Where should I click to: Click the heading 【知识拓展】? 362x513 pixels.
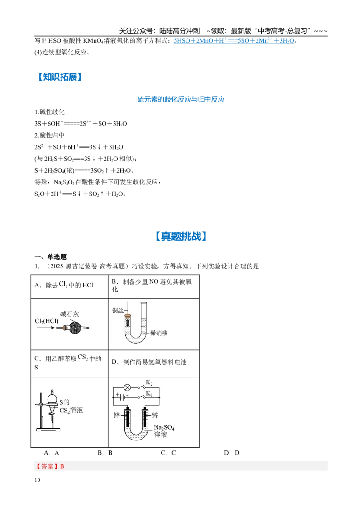coord(59,77)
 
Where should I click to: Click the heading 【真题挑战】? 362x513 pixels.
coord(181,236)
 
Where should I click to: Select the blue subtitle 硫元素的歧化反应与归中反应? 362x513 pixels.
coord(181,99)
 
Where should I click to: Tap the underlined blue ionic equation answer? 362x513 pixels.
coord(234,41)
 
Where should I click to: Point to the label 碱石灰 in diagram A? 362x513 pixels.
coord(69,314)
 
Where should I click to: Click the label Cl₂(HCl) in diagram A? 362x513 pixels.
coord(47,321)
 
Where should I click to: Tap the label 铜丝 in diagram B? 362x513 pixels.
coord(118,310)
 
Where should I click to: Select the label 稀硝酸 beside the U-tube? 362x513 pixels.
coord(158,333)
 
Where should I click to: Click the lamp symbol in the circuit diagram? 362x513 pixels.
coord(128,387)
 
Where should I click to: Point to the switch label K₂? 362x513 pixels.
coord(149,382)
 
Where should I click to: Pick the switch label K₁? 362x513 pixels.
coord(149,393)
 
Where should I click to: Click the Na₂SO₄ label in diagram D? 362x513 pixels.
coord(164,427)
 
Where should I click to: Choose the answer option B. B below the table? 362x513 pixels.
coord(105,453)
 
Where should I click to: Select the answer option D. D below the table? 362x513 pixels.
coord(232,453)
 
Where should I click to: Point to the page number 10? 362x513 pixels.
coord(37,480)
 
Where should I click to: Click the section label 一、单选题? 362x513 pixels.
coord(51,257)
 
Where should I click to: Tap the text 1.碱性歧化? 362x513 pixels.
coord(50,112)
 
